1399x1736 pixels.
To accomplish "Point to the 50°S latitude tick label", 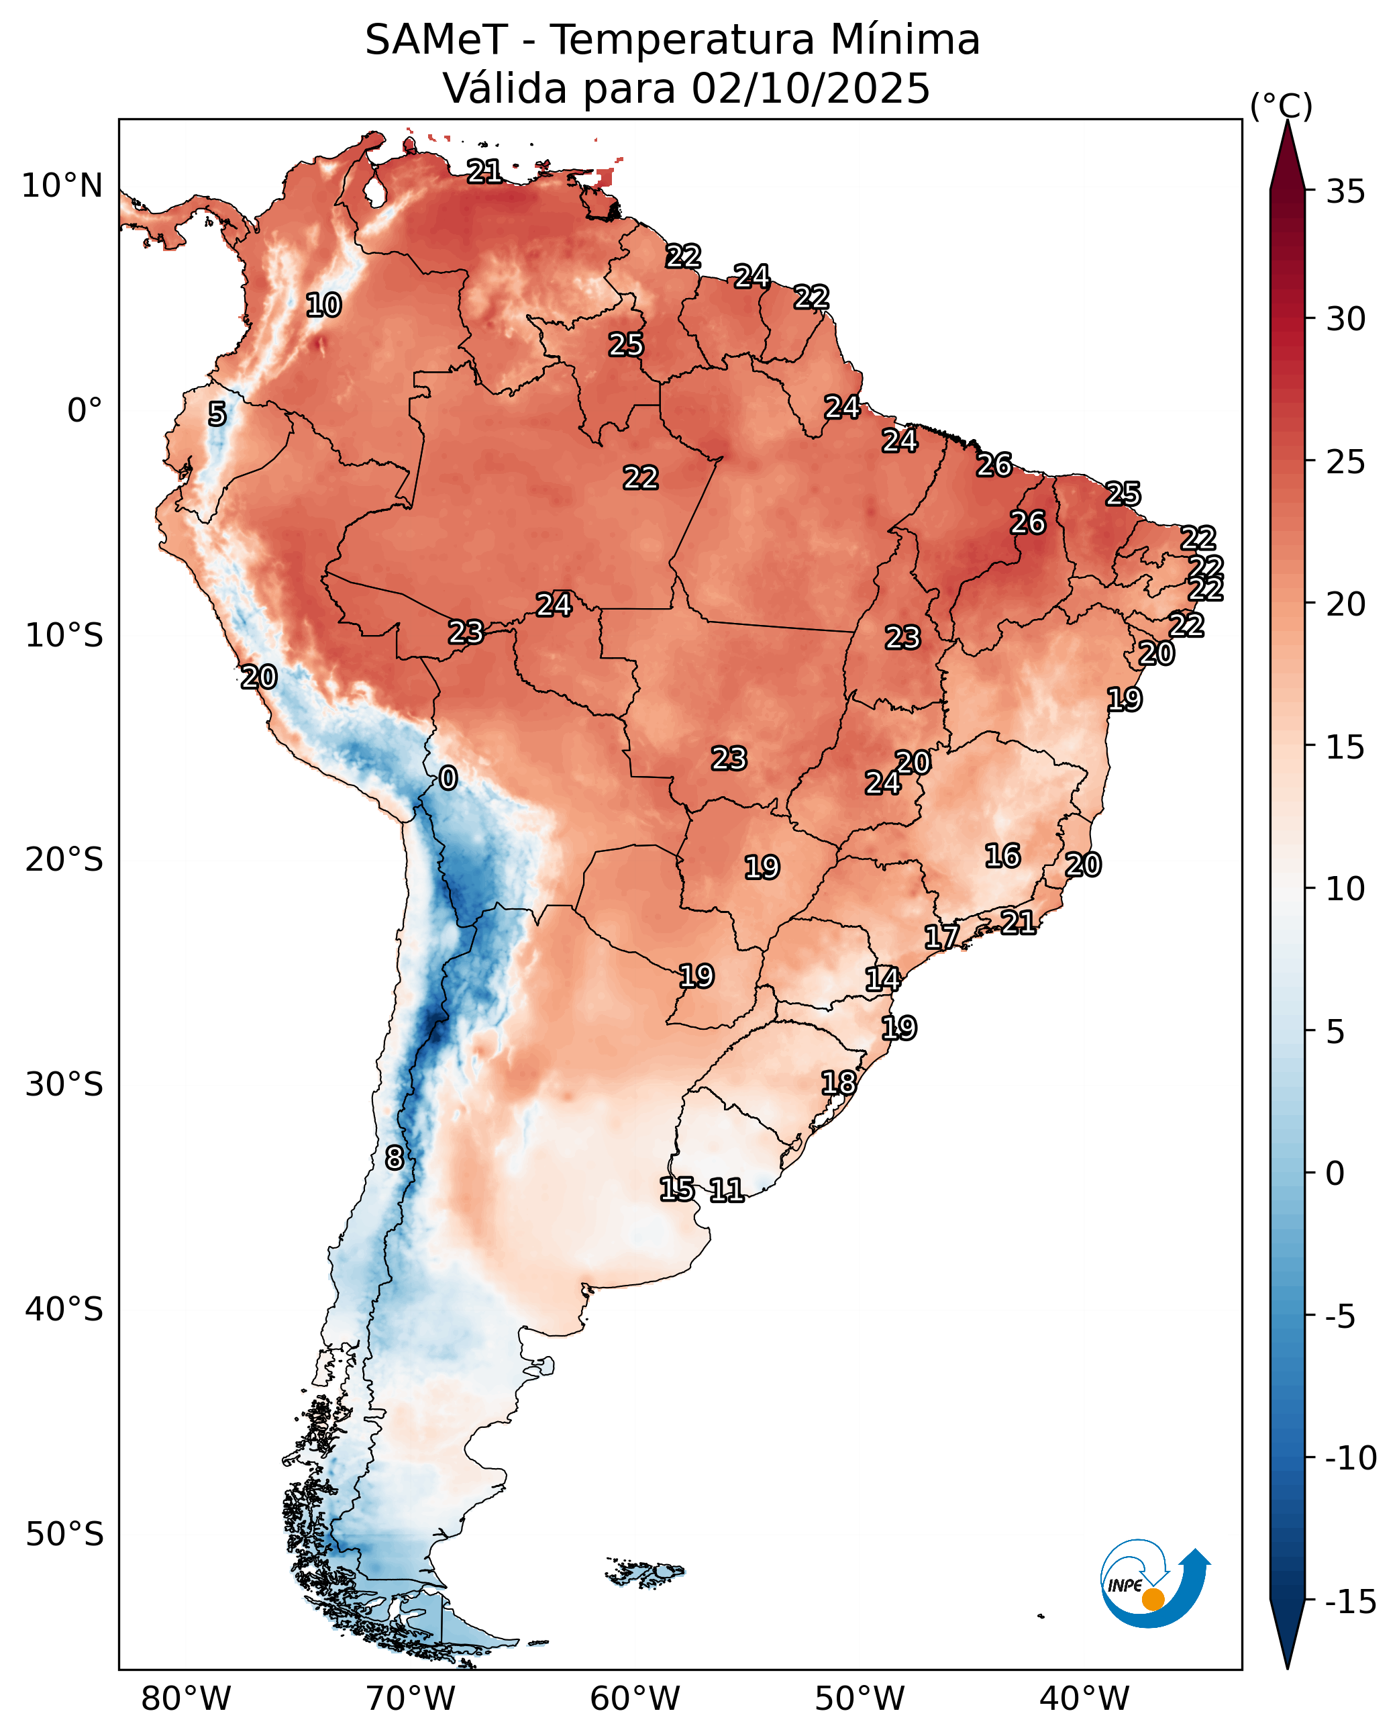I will point(64,1534).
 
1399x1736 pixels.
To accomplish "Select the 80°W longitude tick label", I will point(185,1699).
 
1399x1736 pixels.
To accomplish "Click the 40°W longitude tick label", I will point(1084,1699).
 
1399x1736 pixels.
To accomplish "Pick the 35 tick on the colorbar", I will point(1346,192).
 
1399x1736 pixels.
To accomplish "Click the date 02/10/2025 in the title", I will point(810,88).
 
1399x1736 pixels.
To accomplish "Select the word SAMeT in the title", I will point(436,40).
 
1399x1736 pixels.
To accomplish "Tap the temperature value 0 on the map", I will point(448,778).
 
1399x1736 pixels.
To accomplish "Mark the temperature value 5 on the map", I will point(217,414).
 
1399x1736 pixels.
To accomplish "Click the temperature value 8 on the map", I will point(393,1159).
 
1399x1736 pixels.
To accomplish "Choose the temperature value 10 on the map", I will point(323,305).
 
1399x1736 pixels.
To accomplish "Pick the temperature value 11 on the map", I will point(726,1190).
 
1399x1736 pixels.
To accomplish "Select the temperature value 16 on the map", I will point(1002,855).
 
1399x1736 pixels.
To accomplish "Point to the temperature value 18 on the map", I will point(838,1083).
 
